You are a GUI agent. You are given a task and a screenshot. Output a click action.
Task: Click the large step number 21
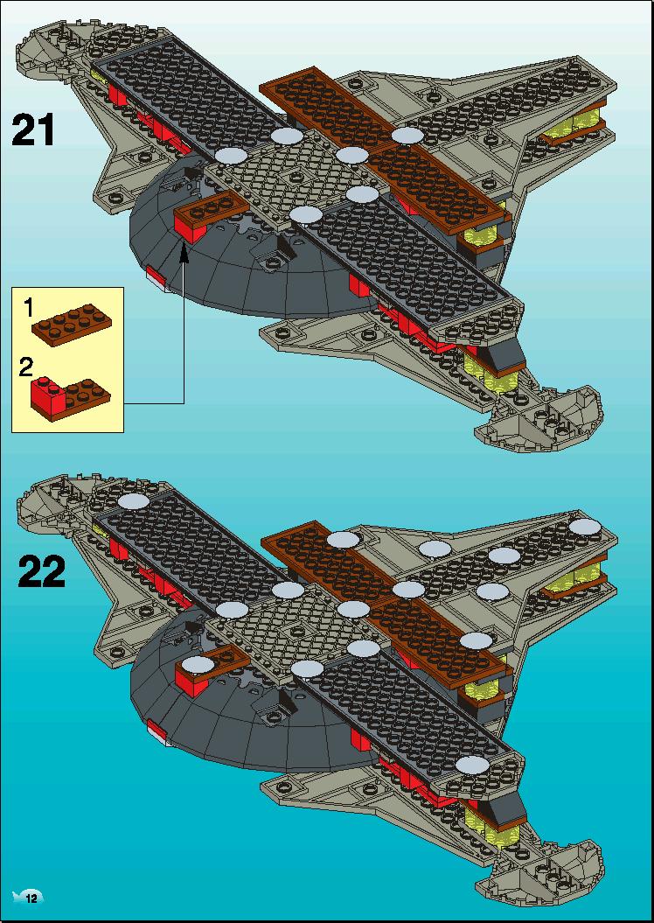point(33,130)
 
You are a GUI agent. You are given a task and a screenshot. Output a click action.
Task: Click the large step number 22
point(41,571)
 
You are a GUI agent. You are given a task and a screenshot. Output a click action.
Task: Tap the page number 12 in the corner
point(31,899)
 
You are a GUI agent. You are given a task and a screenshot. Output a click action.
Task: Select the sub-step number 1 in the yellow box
point(28,308)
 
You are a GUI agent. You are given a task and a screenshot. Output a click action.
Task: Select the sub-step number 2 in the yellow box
point(26,367)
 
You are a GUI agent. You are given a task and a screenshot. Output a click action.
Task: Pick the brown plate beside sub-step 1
point(72,325)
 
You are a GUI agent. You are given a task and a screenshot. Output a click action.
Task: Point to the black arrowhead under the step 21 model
point(184,253)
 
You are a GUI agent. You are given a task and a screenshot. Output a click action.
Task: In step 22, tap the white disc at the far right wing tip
point(585,527)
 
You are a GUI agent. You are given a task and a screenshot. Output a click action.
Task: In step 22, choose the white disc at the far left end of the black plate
point(134,501)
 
